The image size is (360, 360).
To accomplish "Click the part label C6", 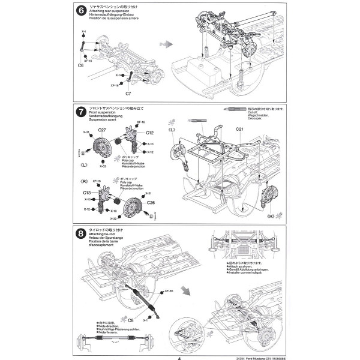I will tap(80, 65).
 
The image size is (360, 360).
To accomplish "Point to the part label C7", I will tap(128, 94).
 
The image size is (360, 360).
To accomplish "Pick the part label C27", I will tap(102, 131).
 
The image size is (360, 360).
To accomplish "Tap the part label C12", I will tap(149, 133).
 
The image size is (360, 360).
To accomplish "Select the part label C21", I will tap(239, 129).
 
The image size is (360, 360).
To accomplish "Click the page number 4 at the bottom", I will tap(179, 356).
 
